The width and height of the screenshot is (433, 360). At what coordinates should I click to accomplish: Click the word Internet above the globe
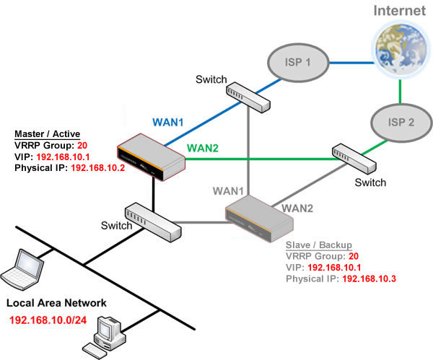[399, 10]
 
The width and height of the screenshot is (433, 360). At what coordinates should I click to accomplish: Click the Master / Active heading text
[48, 133]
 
